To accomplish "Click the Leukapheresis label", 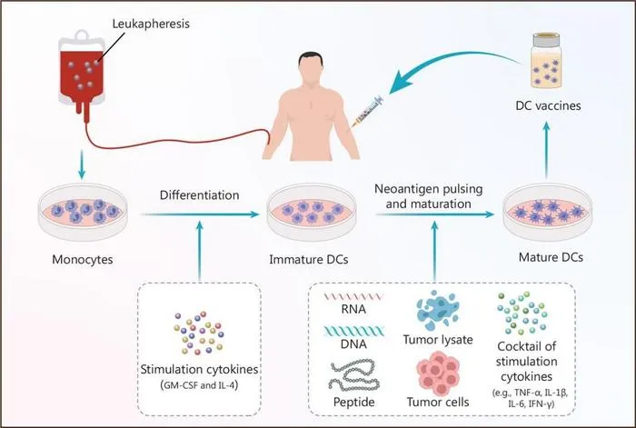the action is [151, 24].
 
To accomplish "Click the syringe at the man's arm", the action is [367, 110].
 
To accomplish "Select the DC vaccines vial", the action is [547, 61].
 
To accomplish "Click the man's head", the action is [311, 68].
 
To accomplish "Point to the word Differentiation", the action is [200, 195].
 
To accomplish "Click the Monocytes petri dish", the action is [83, 212].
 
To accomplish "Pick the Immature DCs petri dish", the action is [312, 212].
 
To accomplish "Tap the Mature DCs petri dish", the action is [547, 212].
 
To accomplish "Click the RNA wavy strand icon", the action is [353, 296].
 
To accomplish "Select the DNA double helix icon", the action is [353, 332].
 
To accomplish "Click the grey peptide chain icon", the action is [353, 375].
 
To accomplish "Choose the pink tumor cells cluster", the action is [438, 373].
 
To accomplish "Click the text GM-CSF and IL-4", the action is [200, 385].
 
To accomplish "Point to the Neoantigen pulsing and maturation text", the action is [429, 196].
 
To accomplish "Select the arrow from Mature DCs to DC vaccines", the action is [547, 151].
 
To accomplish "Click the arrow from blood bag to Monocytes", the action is [82, 164].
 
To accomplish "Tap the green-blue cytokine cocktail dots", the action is [522, 313].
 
